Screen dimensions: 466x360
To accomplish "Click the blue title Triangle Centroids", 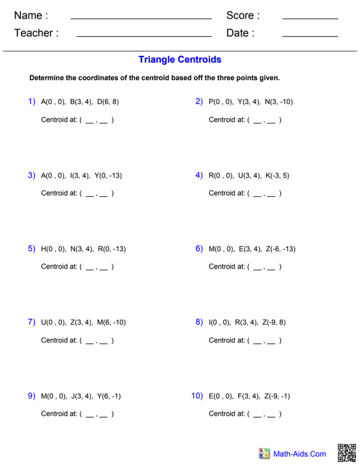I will point(180,59).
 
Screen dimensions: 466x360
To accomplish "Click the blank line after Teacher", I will point(143,36).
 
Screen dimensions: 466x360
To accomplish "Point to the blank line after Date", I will point(309,36).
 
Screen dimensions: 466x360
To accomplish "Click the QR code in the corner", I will point(347,453).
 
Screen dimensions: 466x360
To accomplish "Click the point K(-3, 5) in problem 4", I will point(277,175).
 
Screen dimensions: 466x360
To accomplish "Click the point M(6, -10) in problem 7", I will point(111,323).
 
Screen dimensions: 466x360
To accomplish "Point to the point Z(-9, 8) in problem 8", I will point(274,323).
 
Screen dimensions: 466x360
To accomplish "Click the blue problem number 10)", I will point(197,396).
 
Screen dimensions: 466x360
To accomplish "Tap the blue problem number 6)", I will point(199,249).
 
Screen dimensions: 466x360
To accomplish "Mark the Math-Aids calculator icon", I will point(264,453).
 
